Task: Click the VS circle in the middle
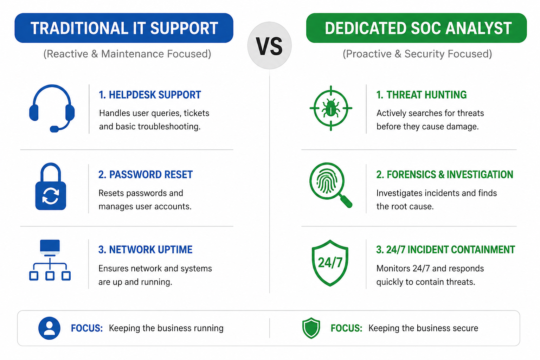[x=270, y=46]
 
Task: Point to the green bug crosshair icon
[x=331, y=108]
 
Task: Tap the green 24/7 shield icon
[x=330, y=263]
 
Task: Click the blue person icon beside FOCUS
[x=50, y=328]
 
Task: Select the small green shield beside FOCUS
[x=311, y=328]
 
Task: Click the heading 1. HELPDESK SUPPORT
[x=150, y=95]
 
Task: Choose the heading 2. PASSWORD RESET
[x=146, y=175]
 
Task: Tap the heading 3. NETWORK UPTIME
[x=145, y=250]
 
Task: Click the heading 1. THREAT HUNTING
[x=422, y=95]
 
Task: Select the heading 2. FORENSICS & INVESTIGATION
[x=445, y=175]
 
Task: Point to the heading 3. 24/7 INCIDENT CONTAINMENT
[x=445, y=250]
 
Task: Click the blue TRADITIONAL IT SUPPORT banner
[x=124, y=28]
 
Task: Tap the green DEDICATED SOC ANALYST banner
[x=416, y=28]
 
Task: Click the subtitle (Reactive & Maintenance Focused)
[x=127, y=54]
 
